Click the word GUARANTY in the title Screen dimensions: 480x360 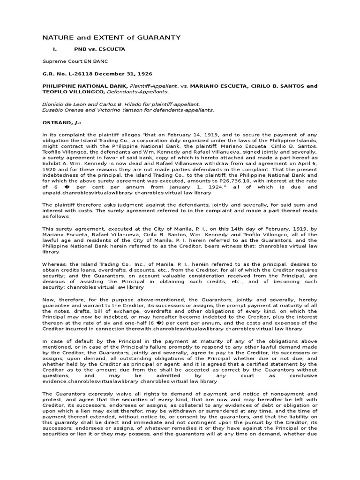(157, 37)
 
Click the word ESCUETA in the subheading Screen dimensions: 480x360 (112, 49)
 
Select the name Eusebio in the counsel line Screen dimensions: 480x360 (53, 110)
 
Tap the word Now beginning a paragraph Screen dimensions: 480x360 (48, 299)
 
